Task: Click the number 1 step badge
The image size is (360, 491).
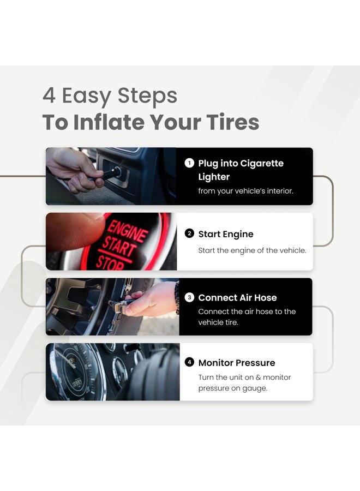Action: click(189, 163)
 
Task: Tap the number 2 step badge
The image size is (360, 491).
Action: click(189, 233)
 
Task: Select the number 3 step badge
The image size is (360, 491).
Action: click(189, 297)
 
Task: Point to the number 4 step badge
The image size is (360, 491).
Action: click(189, 362)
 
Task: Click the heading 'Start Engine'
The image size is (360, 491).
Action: click(226, 234)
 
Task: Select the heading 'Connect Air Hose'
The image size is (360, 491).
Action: click(237, 297)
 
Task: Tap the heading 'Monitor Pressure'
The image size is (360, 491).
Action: click(237, 363)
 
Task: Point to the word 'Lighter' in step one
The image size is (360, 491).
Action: click(214, 177)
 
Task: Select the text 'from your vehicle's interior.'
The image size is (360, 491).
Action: click(245, 191)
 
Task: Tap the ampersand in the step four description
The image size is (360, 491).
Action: click(258, 378)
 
